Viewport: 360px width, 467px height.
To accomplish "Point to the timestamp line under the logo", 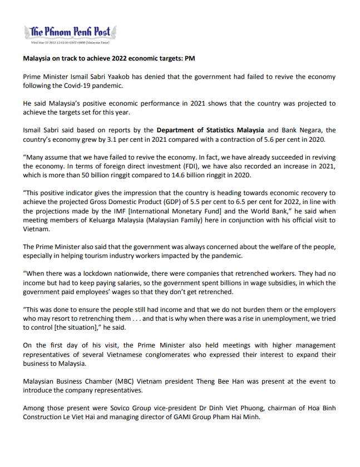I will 70,42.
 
